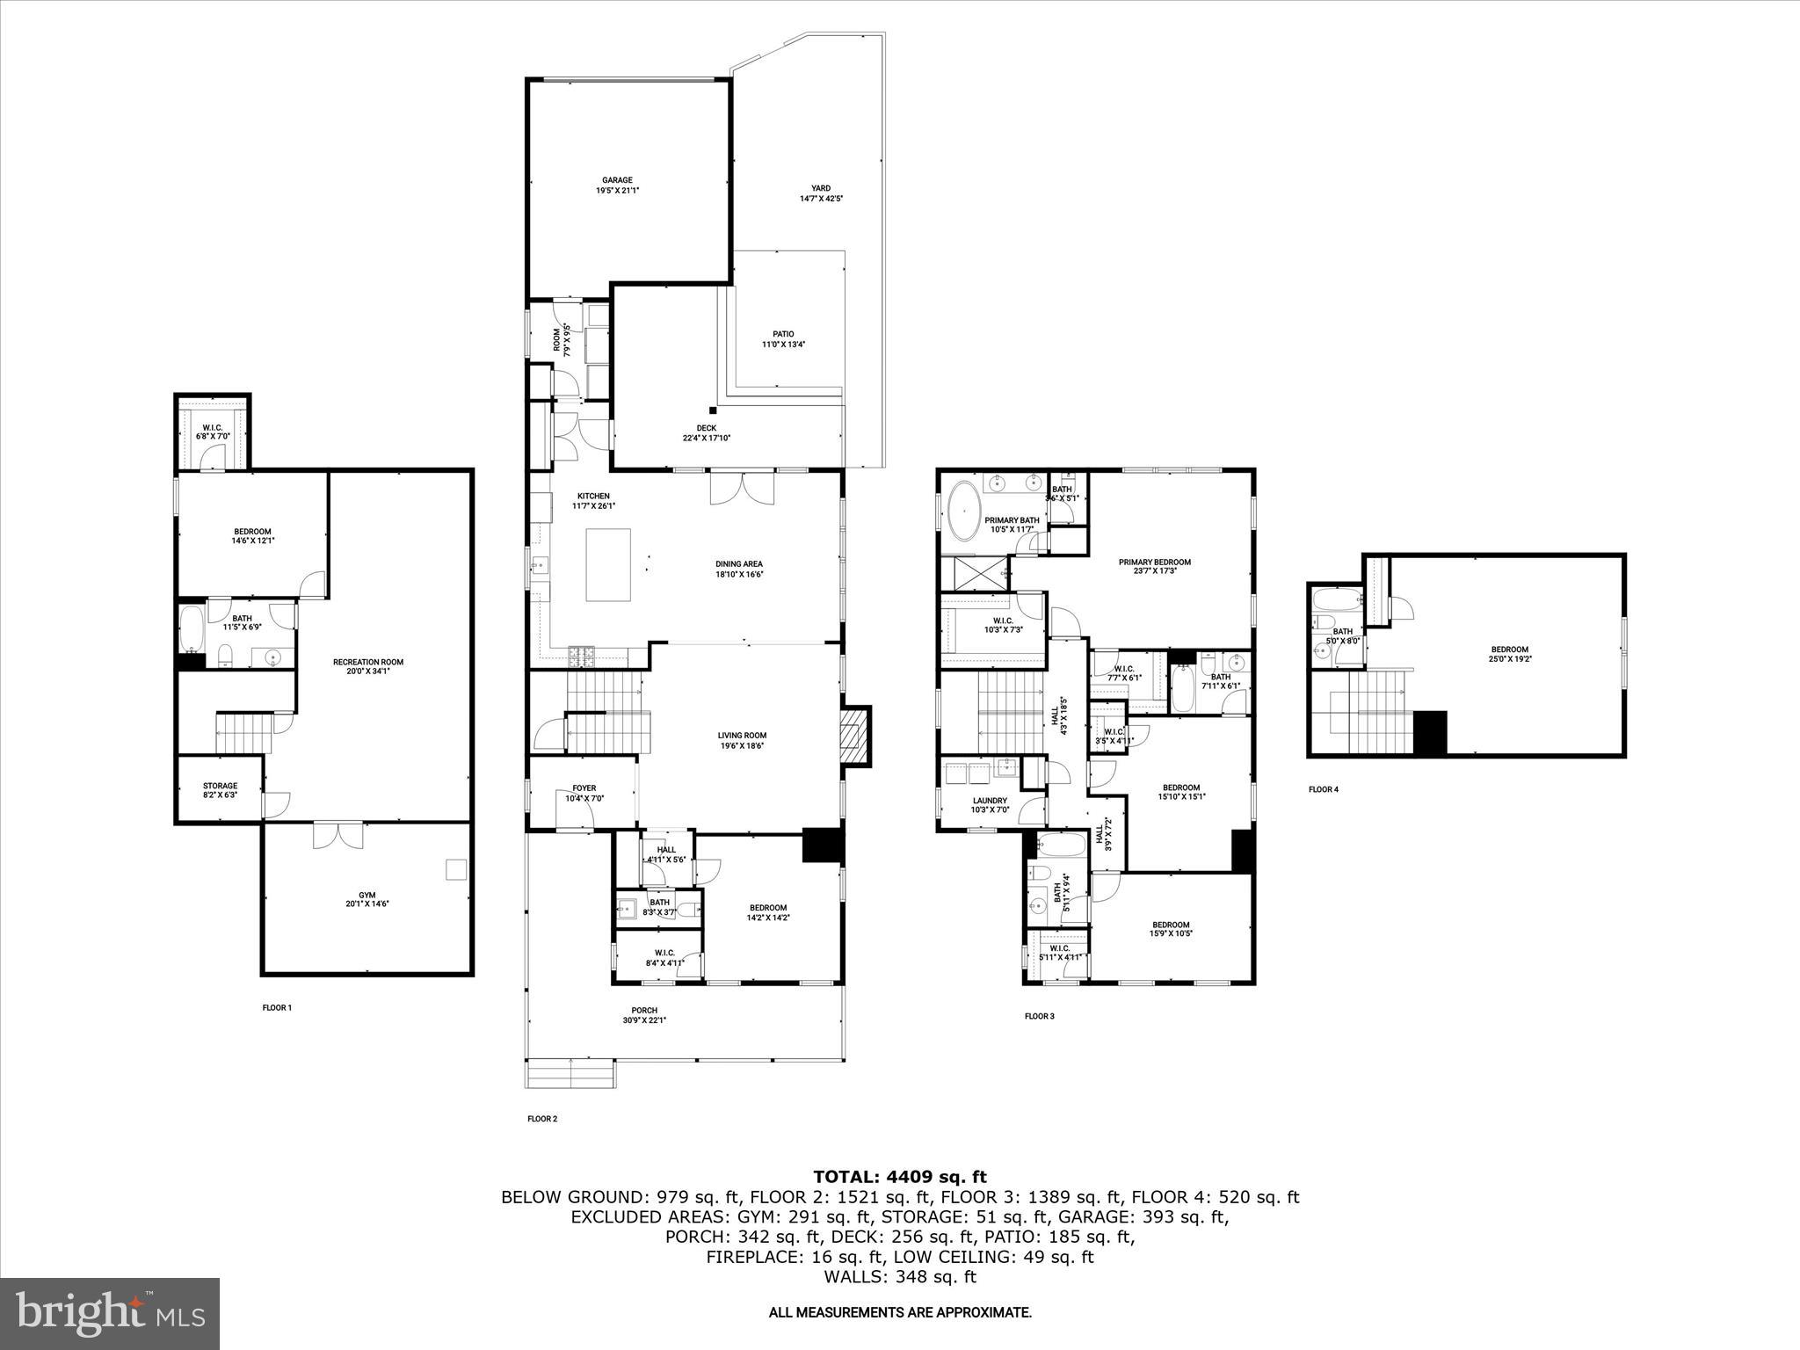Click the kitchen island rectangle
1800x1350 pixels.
608,564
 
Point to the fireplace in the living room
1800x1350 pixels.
853,736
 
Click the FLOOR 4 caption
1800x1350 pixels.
1323,789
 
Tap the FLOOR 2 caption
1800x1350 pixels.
542,1119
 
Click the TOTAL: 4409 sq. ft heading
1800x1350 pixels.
899,1177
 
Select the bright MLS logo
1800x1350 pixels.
110,1314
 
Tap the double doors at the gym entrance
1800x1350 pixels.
338,835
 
